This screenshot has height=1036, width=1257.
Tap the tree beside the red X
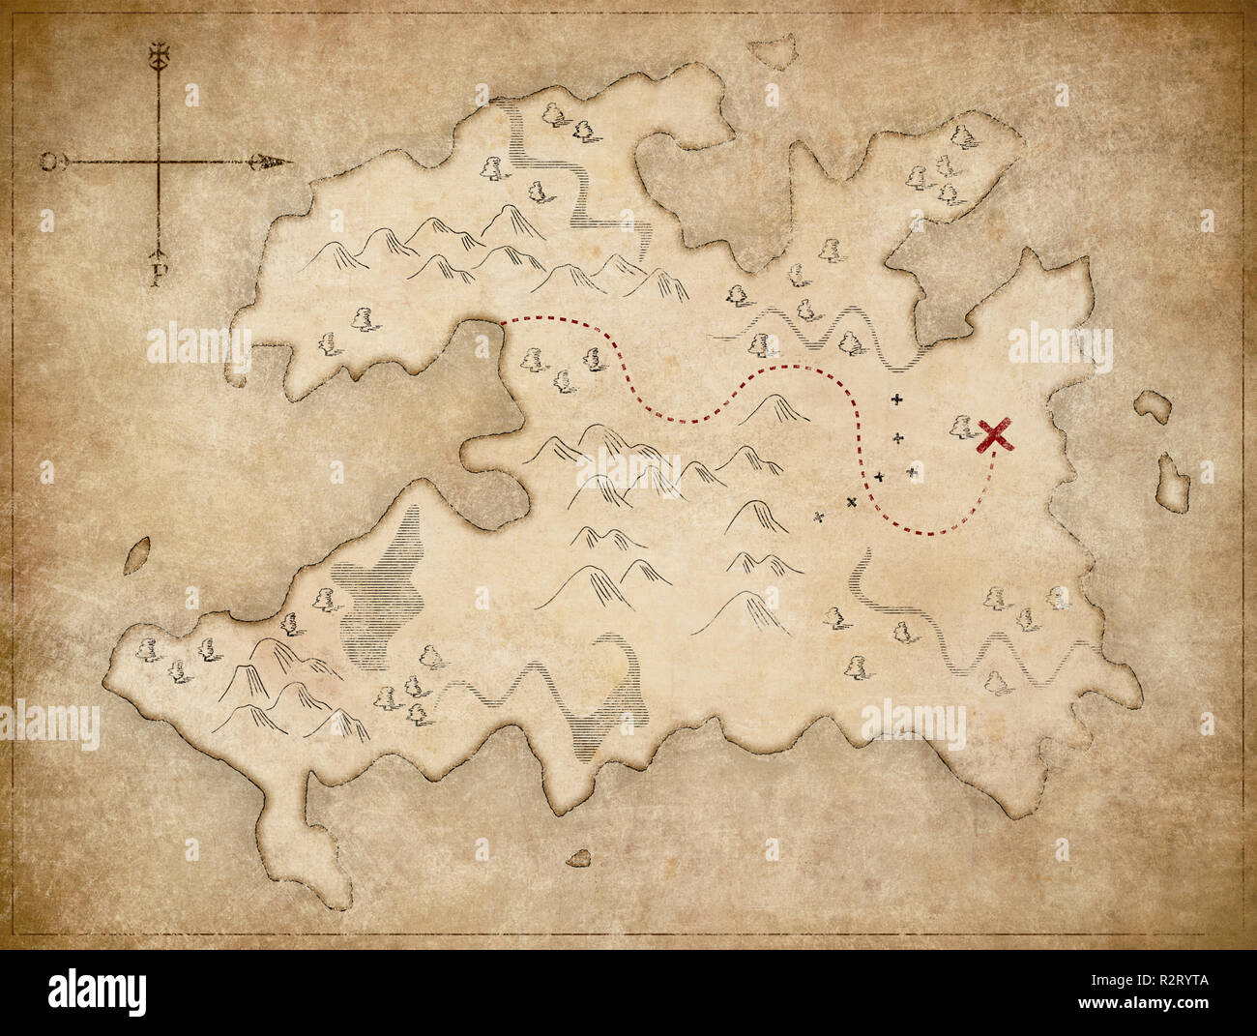[x=960, y=426]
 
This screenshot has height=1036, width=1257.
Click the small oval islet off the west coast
[x=138, y=554]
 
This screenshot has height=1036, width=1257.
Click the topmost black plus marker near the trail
[x=897, y=399]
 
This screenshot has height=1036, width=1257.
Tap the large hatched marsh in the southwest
[x=387, y=590]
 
